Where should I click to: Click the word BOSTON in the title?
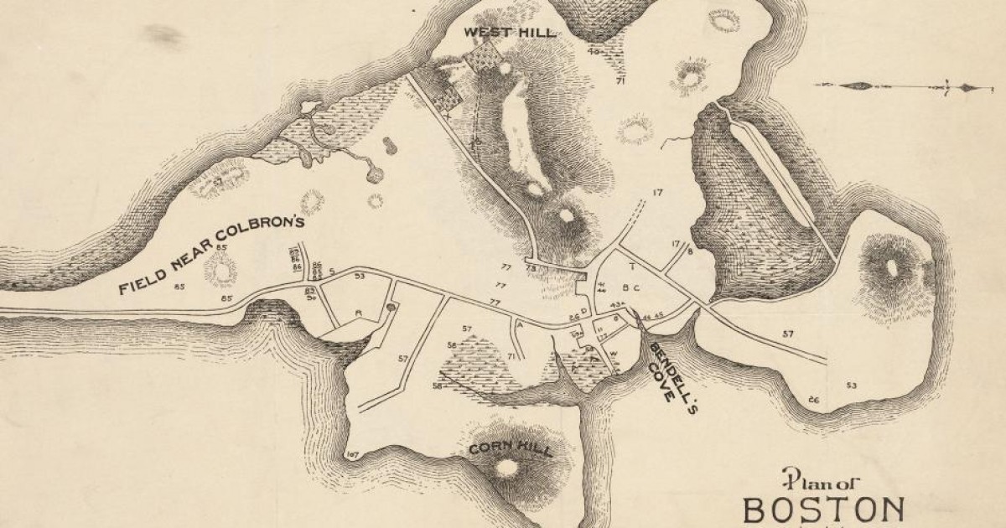(x=824, y=510)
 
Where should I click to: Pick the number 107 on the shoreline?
(x=351, y=455)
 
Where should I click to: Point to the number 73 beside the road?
(x=531, y=268)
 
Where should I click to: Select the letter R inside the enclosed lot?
(x=358, y=313)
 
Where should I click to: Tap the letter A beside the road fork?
(x=521, y=323)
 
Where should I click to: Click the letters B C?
(x=631, y=288)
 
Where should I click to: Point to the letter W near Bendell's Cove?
(x=614, y=353)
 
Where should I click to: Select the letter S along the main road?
(x=332, y=272)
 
